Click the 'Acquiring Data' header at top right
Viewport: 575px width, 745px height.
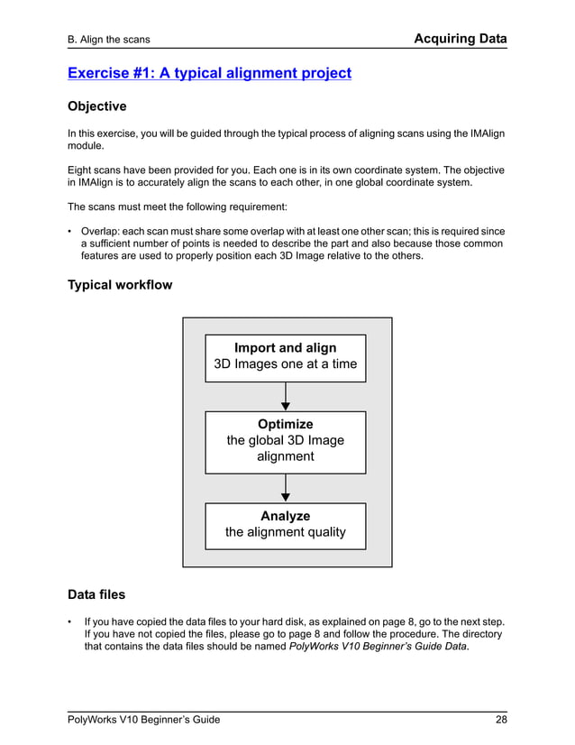click(460, 39)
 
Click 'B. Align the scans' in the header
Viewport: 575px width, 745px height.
click(109, 40)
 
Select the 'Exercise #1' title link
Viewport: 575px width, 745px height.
click(209, 73)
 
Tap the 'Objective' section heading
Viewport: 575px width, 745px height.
click(97, 106)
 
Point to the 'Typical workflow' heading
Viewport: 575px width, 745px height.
click(120, 286)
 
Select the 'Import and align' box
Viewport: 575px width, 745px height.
click(286, 356)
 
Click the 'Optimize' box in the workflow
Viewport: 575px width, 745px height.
click(286, 441)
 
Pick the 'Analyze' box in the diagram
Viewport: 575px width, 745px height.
click(286, 525)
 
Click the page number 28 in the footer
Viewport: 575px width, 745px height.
click(499, 719)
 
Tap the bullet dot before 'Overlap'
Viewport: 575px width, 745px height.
click(70, 231)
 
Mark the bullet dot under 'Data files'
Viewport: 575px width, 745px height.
click(70, 621)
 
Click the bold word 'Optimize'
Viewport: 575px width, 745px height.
click(286, 424)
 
